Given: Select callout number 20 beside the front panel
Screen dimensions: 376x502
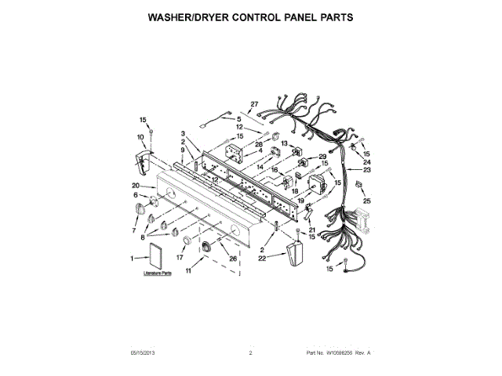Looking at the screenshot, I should pos(136,186).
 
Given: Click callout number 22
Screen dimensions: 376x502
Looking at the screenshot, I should pos(262,255).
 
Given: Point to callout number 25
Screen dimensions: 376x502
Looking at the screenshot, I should pos(368,201).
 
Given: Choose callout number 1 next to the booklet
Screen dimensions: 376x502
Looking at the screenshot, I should pos(132,258).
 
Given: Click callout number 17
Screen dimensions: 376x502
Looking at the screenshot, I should pos(180,257).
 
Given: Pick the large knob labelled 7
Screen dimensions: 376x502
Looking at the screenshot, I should pos(141,209).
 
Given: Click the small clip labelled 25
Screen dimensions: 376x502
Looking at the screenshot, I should pos(358,186).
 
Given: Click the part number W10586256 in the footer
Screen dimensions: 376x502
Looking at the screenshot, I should pos(338,353).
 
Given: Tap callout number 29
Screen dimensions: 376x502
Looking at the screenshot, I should pos(322,157).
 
